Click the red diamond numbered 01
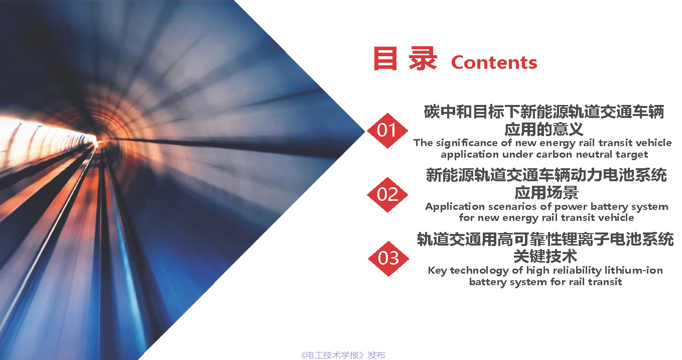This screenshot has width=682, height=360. coord(387,131)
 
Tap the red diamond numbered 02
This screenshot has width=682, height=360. coord(387,195)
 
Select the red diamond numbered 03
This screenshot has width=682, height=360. coord(388,259)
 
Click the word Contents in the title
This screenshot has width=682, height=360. coord(494,62)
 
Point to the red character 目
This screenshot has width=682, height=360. coord(385,58)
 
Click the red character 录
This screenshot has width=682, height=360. coord(423,58)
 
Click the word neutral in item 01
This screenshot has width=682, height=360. coord(594,155)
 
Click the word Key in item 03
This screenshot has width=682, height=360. coord(437,271)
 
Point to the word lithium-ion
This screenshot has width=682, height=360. coord(634,270)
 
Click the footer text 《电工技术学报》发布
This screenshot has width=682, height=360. coord(343,355)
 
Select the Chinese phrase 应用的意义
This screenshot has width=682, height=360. coord(544,129)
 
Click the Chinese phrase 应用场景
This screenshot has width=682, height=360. coord(547,192)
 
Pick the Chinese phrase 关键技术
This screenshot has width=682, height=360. coord(545,256)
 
